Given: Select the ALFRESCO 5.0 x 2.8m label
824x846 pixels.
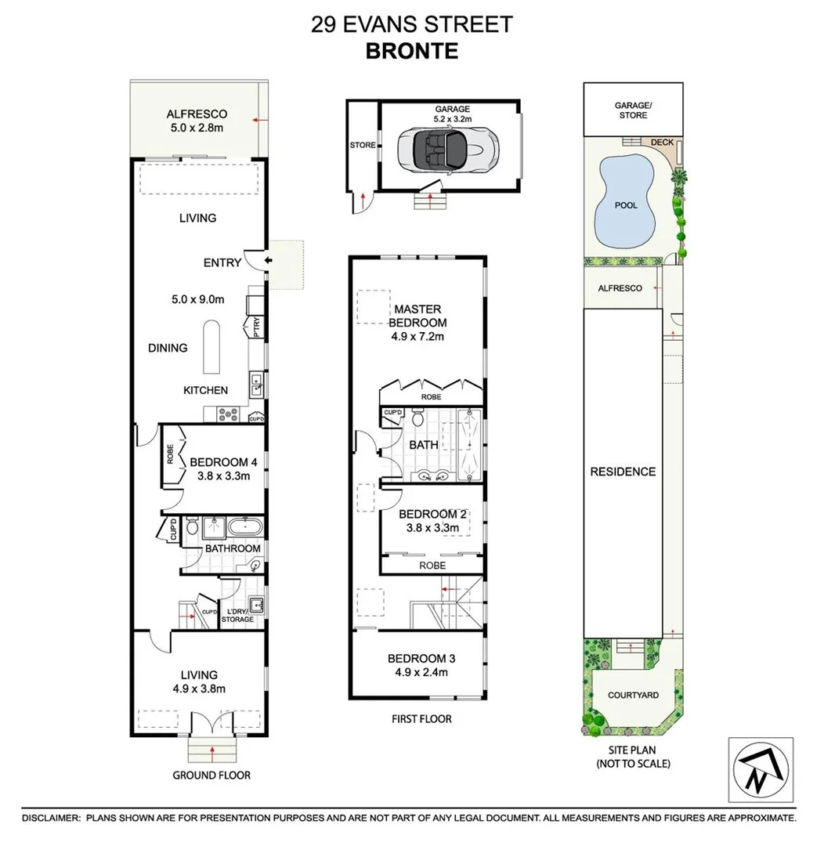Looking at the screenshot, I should (x=197, y=121).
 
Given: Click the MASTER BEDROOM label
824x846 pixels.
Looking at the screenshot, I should (x=418, y=316).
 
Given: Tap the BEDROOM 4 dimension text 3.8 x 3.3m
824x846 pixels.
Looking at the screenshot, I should (x=219, y=475).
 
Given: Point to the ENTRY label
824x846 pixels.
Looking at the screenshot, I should (x=222, y=262).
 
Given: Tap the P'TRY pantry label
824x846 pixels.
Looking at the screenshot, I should (x=256, y=325).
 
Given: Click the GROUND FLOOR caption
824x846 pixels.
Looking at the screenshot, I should (x=211, y=775).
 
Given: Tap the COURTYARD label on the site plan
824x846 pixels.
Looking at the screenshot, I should (x=633, y=695).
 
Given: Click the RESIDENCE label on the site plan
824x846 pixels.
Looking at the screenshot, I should (x=623, y=472).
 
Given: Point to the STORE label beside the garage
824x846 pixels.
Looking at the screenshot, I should (x=362, y=145).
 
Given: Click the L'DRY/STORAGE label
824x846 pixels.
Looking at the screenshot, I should (x=237, y=615).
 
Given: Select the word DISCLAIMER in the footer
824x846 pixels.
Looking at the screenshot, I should (x=51, y=818).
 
